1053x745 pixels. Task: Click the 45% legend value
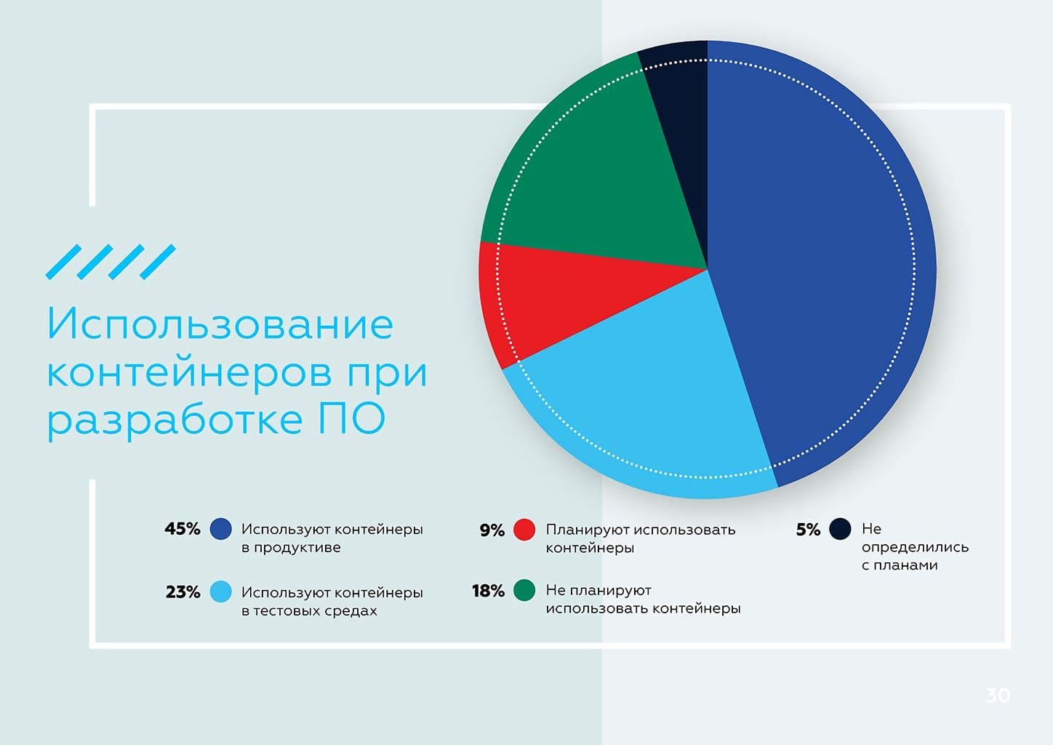(x=183, y=529)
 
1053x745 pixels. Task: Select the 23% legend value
(x=183, y=591)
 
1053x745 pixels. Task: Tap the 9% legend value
(x=492, y=530)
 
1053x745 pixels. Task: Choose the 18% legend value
(x=488, y=591)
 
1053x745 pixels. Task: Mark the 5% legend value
(x=808, y=530)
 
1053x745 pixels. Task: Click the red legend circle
(x=524, y=530)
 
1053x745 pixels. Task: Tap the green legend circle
(x=524, y=590)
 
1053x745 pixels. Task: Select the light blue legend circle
(x=220, y=591)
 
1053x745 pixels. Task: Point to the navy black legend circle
(x=840, y=529)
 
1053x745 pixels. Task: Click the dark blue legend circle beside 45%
(x=220, y=529)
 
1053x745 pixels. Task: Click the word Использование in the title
(x=220, y=324)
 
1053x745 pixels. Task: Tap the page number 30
(x=998, y=695)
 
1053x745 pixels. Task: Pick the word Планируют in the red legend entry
(x=587, y=530)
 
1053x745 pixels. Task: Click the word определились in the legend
(x=915, y=547)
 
